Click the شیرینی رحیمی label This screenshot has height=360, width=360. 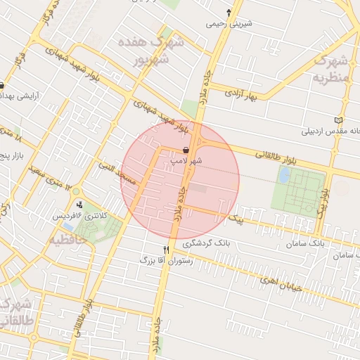[229, 24]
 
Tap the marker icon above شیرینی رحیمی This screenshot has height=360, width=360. [229, 13]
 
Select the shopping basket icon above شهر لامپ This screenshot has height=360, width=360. [186, 150]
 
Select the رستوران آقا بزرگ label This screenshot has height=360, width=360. [167, 260]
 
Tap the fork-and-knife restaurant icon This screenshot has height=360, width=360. [167, 250]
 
